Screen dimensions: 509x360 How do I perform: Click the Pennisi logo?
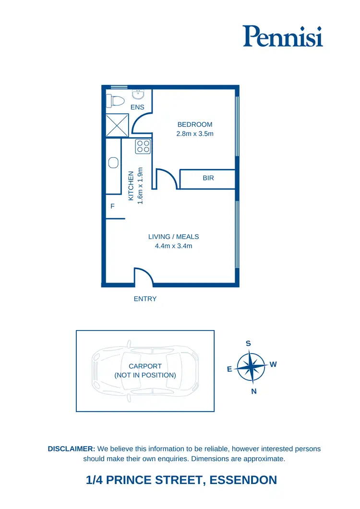(x=282, y=36)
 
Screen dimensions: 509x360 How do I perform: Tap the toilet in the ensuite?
(x=115, y=101)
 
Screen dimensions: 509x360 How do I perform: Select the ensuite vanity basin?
(x=137, y=94)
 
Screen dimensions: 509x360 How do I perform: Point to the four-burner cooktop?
(x=143, y=146)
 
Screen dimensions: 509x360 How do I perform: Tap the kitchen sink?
(x=113, y=163)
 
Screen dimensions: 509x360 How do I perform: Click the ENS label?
(x=137, y=107)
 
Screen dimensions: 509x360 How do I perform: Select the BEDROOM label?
(x=195, y=125)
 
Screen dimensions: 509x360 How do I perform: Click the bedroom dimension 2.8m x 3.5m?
(x=195, y=134)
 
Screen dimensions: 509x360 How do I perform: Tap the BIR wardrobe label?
(x=208, y=178)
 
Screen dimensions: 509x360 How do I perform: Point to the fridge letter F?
(x=113, y=206)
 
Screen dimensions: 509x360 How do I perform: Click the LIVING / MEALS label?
(x=173, y=237)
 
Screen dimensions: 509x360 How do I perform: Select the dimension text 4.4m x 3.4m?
(x=173, y=246)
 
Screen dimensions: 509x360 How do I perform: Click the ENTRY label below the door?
(x=145, y=299)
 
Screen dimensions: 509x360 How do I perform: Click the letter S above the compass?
(x=249, y=343)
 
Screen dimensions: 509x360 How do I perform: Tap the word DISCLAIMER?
(x=72, y=449)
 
